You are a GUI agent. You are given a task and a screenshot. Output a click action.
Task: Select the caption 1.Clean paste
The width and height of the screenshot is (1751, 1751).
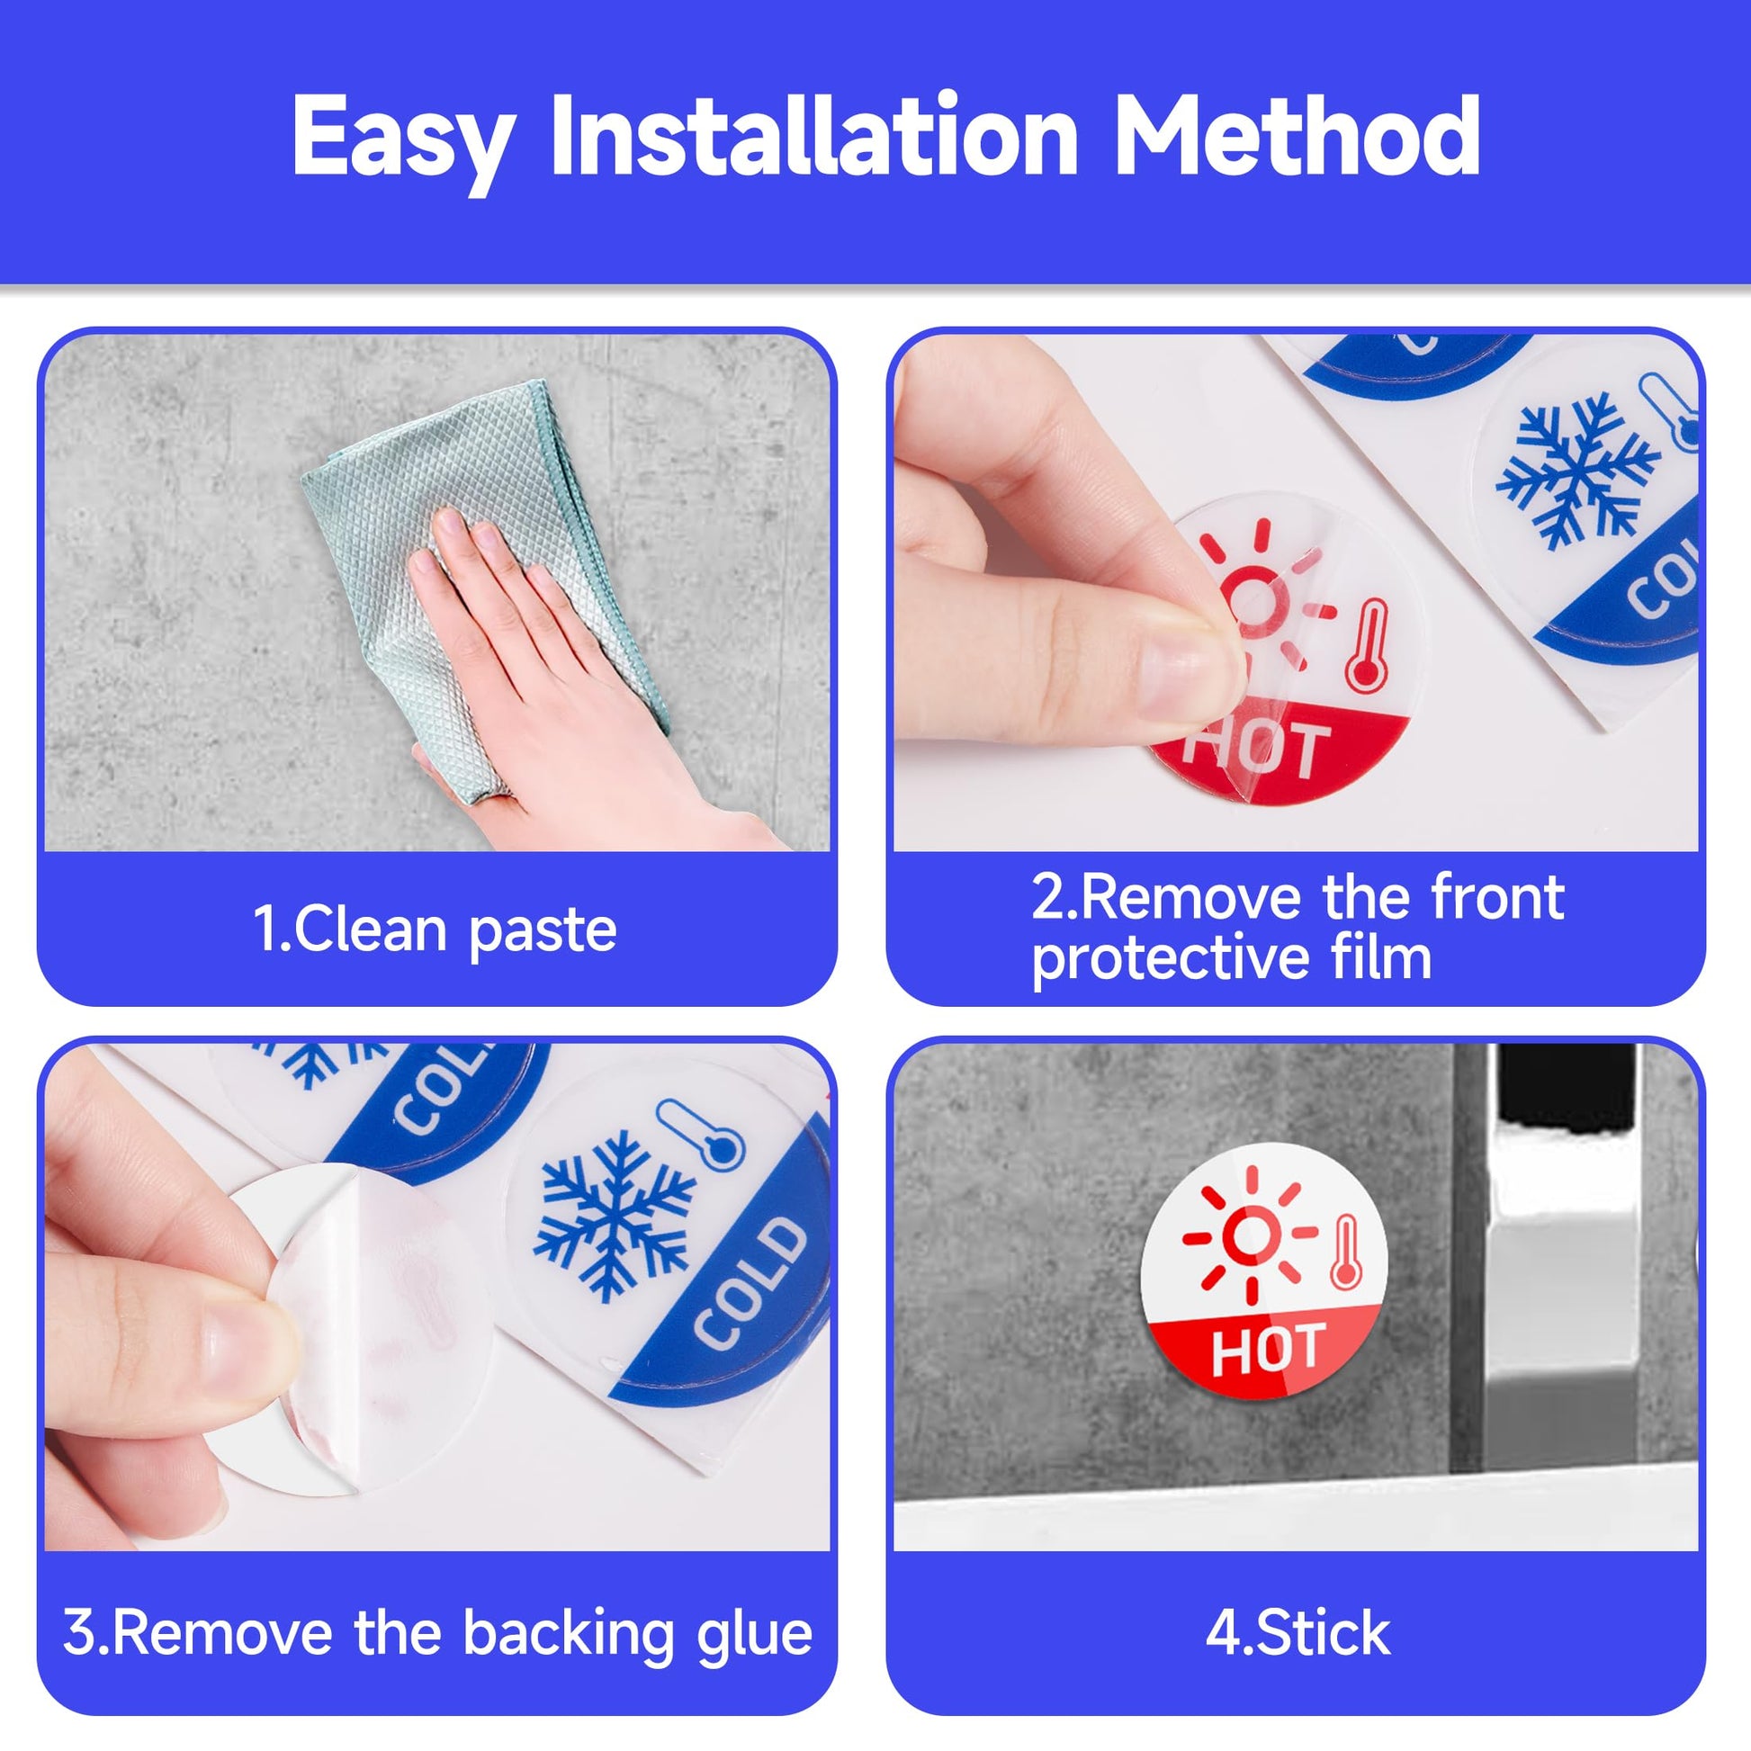pos(435,930)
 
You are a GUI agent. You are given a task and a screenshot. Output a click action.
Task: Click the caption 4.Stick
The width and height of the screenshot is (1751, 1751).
pos(1297,1632)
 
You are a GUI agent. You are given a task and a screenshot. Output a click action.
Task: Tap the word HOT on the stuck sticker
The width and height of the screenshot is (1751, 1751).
pos(1268,1349)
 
